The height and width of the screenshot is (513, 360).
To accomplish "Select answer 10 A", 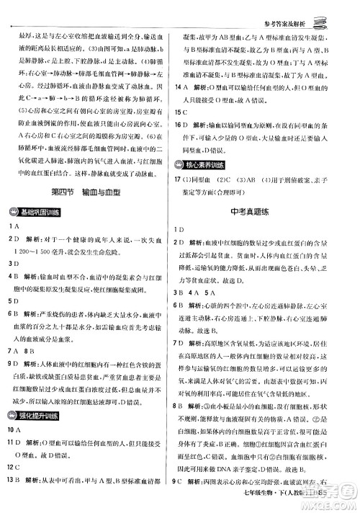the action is (16, 429).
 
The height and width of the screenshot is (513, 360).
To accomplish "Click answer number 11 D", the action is (16, 444).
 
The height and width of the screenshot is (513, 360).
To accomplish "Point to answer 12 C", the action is (16, 471).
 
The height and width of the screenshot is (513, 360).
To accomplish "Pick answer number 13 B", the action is (16, 485).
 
